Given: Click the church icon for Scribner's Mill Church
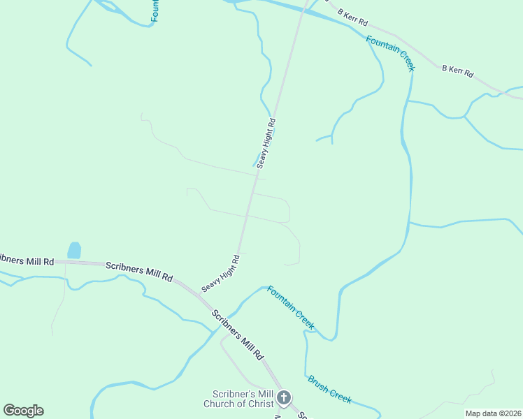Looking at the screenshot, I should tap(284, 399).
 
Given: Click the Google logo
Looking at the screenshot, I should tap(23, 411).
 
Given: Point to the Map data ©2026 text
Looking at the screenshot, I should tap(493, 413).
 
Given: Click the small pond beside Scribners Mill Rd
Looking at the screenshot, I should tap(74, 250).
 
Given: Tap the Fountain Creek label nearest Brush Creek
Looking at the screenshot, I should tap(291, 308).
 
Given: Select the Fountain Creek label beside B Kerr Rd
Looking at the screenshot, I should tap(390, 53).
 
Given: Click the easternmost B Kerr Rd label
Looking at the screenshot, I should tap(457, 71).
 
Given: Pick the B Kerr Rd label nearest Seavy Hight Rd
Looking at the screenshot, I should tap(352, 17).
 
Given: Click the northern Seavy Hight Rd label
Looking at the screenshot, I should tap(266, 143).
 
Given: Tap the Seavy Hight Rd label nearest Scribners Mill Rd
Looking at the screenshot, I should tap(221, 273).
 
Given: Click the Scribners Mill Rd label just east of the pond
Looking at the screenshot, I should tap(138, 271).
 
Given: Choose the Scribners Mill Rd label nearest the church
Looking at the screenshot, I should tap(237, 333).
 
